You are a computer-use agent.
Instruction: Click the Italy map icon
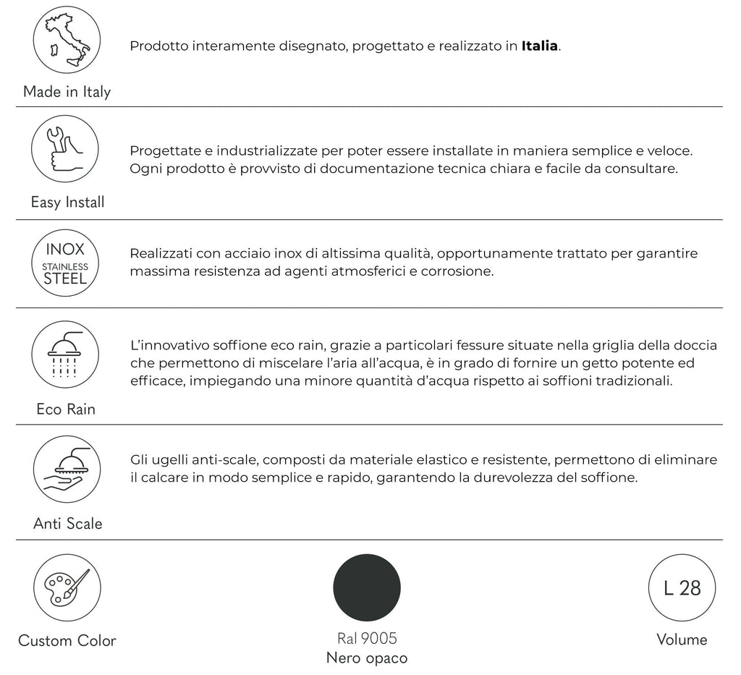point(67,40)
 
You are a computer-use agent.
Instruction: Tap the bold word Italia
point(539,46)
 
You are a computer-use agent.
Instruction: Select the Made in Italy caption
point(67,92)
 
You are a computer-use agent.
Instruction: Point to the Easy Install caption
point(67,203)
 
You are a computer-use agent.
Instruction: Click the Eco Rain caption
point(66,409)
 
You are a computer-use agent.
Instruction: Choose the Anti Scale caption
point(67,524)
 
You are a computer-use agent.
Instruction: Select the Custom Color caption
point(67,641)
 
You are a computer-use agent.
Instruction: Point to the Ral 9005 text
point(367,639)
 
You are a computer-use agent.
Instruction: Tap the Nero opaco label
point(367,658)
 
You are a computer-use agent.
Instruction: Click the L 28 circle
point(682,587)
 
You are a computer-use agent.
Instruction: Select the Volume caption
point(682,640)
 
